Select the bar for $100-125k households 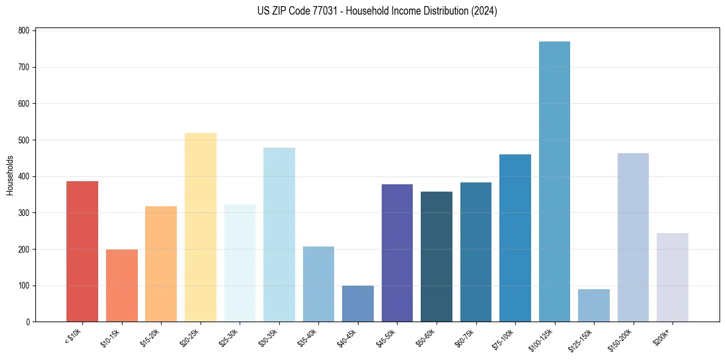pyautogui.click(x=554, y=182)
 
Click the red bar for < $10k pyautogui.click(x=82, y=251)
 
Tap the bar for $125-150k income pyautogui.click(x=593, y=306)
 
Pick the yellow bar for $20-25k pyautogui.click(x=200, y=228)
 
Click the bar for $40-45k pyautogui.click(x=358, y=304)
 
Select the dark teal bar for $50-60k pyautogui.click(x=437, y=257)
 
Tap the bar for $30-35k pyautogui.click(x=279, y=235)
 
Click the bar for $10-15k pyautogui.click(x=121, y=286)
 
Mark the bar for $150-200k pyautogui.click(x=633, y=237)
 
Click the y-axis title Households pyautogui.click(x=10, y=175)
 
